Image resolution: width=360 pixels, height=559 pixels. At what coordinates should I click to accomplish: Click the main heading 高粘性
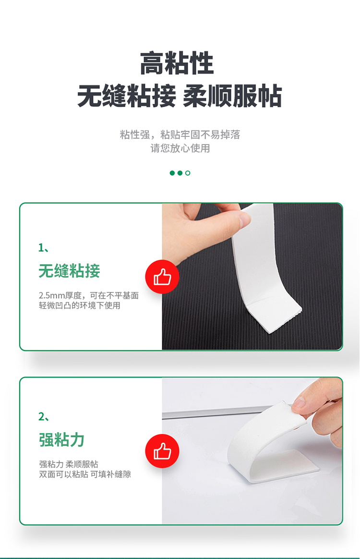tap(177, 63)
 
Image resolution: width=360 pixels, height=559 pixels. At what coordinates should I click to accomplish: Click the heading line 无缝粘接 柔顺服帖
tap(180, 96)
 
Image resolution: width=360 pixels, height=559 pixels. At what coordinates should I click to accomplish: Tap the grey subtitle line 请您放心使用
tap(180, 148)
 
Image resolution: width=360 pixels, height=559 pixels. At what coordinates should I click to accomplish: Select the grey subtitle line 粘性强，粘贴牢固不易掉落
tap(180, 135)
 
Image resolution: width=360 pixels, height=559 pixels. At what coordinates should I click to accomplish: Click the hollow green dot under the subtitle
tap(188, 173)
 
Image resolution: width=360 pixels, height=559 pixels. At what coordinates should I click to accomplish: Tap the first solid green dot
tap(172, 173)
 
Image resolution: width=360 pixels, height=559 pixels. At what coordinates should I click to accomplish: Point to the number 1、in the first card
tap(44, 247)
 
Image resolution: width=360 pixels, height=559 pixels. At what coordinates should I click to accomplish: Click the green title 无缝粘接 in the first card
tap(69, 270)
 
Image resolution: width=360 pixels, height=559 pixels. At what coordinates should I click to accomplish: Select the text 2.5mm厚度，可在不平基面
tap(89, 295)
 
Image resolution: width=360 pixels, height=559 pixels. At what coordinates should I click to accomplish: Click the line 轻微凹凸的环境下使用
tap(80, 305)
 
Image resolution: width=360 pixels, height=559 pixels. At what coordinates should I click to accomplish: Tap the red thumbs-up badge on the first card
tap(162, 277)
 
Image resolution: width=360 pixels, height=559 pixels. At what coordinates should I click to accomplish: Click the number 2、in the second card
tap(44, 416)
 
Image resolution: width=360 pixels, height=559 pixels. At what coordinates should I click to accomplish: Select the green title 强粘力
tap(61, 439)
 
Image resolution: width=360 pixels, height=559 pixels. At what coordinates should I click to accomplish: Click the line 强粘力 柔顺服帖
tap(69, 464)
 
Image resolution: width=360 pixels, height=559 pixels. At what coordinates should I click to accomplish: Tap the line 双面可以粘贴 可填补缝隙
tap(85, 474)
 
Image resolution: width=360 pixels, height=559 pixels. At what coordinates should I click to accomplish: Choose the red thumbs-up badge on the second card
tap(162, 451)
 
